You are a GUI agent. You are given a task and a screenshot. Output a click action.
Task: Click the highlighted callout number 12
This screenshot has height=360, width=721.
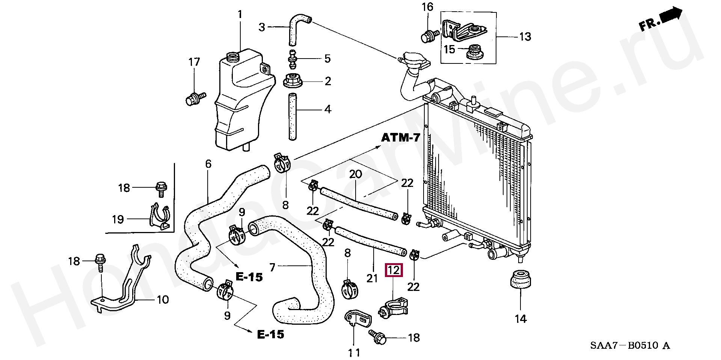coord(394,270)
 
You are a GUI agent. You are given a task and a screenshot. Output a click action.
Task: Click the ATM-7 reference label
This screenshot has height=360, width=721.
coord(401,138)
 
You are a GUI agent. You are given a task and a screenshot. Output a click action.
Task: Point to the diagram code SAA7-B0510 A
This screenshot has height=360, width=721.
coord(630,345)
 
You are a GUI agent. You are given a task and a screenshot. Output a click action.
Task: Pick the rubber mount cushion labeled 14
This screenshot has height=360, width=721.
coord(520,281)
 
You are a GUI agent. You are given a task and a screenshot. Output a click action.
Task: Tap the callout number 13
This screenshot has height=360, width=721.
coord(525,37)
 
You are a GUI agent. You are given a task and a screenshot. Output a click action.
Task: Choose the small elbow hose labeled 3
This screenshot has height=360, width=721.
coord(298,29)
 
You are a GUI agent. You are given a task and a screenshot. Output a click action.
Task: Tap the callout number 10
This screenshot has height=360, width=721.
coord(163,300)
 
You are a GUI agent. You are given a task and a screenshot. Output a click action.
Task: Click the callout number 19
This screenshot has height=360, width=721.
coord(118,219)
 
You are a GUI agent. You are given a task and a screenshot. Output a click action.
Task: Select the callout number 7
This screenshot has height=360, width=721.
coord(273,267)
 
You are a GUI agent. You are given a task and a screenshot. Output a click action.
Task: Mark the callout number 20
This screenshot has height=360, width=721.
coord(356,174)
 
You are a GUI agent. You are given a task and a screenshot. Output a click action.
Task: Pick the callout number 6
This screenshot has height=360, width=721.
coord(208,164)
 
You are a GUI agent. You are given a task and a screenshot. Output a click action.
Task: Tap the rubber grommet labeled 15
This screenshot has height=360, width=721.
coord(475,52)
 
